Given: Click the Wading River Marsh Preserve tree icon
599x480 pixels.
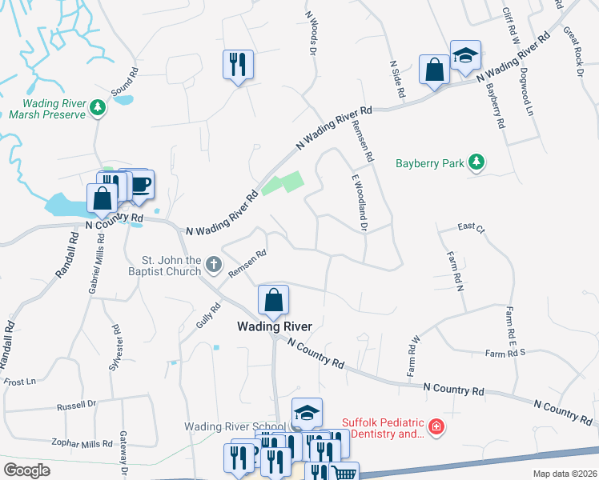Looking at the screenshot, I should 98,106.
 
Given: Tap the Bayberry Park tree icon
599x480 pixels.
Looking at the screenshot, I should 476,163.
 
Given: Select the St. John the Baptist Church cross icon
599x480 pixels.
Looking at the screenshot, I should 213,264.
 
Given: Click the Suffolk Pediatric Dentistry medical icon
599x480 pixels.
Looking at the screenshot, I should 436,428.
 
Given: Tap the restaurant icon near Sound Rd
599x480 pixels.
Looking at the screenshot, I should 239,64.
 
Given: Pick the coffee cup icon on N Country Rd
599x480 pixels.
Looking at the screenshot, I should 140,184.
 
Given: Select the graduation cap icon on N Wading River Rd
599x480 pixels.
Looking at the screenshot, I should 464,54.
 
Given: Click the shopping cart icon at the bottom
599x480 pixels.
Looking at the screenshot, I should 344,474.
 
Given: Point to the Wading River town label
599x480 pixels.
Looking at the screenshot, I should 274,326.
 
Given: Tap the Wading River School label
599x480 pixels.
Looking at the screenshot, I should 232,427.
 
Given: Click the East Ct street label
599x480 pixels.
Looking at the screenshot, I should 472,228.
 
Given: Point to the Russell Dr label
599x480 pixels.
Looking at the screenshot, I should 76,406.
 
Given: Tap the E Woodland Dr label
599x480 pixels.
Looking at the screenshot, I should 358,204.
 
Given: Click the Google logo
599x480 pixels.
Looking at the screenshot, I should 26,470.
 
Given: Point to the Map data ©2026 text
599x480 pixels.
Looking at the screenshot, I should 564,474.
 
